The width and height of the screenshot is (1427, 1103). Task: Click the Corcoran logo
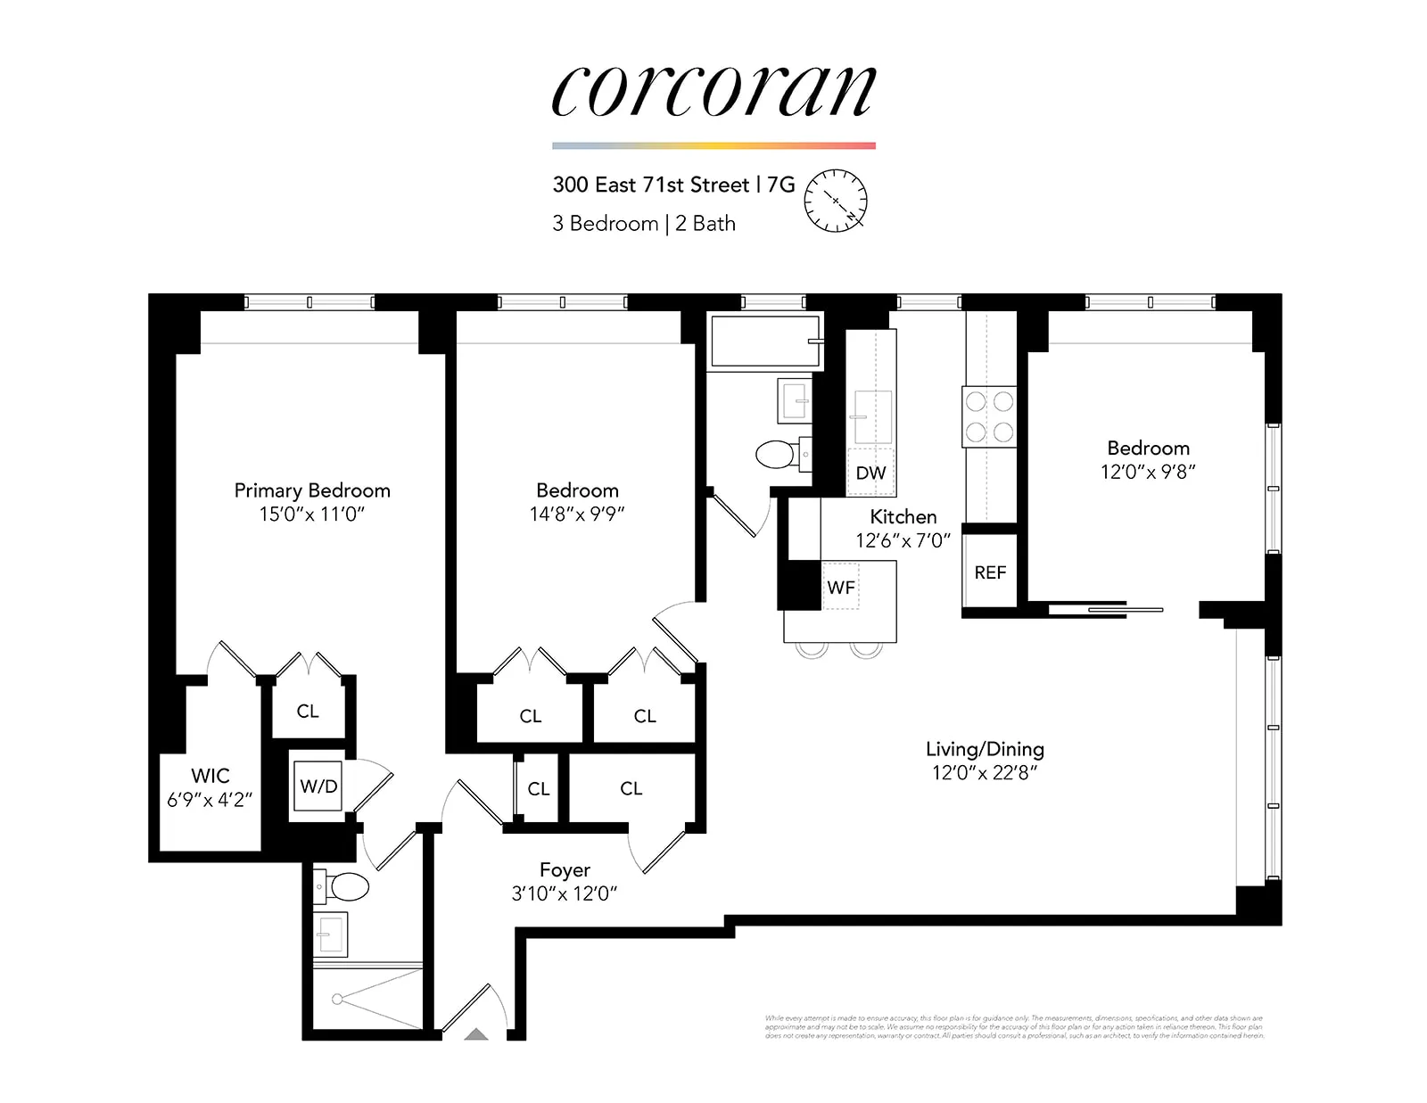(x=713, y=91)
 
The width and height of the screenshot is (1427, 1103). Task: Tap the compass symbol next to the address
(x=836, y=201)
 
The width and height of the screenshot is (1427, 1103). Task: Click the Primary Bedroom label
(x=312, y=490)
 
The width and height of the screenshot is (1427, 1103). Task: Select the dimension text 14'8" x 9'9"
(x=577, y=514)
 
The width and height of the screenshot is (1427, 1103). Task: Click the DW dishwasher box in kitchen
(x=870, y=473)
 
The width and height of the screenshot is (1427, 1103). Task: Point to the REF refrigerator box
(x=990, y=573)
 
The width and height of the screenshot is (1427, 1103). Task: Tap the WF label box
(x=840, y=587)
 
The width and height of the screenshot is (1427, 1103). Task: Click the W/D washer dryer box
(x=318, y=786)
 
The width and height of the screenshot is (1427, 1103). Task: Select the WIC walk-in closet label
(x=210, y=776)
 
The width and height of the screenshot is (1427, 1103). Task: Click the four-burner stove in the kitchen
(x=989, y=416)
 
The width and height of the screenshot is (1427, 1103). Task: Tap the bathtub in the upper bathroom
(x=764, y=342)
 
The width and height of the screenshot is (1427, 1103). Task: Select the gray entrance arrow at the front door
(x=477, y=1034)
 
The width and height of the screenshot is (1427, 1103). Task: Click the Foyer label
(x=565, y=870)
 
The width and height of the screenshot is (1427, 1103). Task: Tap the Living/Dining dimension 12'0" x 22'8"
(x=985, y=773)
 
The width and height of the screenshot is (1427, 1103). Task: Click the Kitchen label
(x=903, y=517)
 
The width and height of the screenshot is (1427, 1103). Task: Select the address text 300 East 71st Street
(x=651, y=185)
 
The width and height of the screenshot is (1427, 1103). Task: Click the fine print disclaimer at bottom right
(x=1014, y=1027)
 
